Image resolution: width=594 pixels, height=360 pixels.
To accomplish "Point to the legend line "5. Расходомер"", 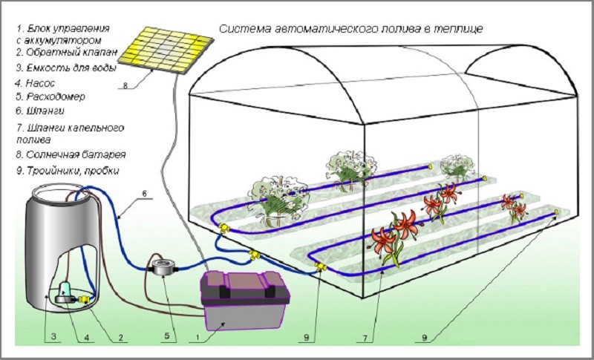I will coord(50,96).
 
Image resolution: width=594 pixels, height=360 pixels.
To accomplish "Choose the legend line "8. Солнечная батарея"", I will coord(69,155).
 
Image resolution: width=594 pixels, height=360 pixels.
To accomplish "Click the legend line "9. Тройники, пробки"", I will coord(66,171).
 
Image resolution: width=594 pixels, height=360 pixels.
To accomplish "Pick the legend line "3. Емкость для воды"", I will coord(66,68).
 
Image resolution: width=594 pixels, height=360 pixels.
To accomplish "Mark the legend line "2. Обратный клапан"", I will coord(63,53).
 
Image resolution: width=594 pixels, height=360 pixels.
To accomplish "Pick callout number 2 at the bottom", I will coord(120,336).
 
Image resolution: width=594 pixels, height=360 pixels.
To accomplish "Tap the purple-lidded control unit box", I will coord(243,301).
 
